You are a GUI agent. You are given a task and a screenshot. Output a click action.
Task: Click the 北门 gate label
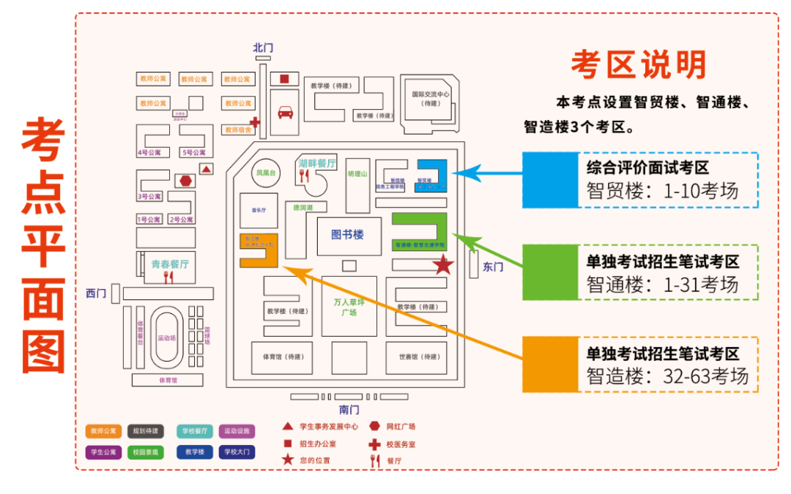[263, 48]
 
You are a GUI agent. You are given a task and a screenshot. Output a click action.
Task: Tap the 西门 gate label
[96, 293]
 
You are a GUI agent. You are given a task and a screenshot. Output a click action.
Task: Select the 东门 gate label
[493, 267]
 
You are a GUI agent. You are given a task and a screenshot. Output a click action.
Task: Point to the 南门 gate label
[349, 410]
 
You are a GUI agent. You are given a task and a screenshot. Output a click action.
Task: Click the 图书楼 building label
[347, 235]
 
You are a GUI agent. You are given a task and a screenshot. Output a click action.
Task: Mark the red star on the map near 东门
[443, 266]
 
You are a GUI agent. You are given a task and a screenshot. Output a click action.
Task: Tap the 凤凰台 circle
[264, 173]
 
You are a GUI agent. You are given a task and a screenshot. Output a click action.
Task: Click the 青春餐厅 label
[170, 264]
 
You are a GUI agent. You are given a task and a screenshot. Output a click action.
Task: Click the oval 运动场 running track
[166, 338]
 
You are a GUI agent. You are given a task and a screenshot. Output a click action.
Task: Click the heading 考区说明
[638, 65]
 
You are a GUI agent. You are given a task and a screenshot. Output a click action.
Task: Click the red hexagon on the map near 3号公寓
[185, 181]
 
